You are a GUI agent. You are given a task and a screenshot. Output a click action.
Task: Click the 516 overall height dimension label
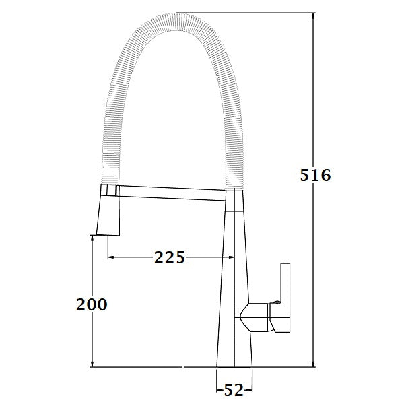pos(314,176)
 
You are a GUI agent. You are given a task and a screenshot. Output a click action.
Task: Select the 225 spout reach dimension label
pos(169,257)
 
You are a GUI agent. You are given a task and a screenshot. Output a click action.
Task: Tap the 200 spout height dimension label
pos(92,304)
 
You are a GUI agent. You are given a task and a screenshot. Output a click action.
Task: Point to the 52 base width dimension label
pos(234,389)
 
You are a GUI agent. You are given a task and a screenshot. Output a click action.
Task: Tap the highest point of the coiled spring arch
pos(176,17)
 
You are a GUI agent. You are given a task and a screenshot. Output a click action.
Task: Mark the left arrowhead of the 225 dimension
pos(112,257)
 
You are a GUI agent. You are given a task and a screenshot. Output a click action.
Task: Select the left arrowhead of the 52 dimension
pos(220,389)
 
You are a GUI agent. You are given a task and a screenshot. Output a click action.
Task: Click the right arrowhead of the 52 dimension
pos(249,389)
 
